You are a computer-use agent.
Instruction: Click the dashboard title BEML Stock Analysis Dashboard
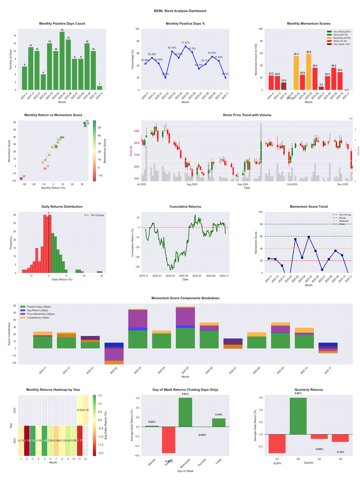coord(180,10)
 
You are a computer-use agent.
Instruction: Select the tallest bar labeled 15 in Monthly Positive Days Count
coord(62,61)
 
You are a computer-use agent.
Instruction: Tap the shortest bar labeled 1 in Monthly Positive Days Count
coord(99,88)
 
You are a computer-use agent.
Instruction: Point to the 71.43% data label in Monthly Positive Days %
coord(185,42)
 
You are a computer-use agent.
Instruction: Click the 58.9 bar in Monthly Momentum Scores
coord(309,72)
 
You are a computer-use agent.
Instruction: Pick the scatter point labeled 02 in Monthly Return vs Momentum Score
coord(21,179)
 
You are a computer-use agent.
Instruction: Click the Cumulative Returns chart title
coord(185,207)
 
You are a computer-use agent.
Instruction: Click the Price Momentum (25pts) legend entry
coord(44,313)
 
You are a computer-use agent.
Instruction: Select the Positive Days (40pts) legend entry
coord(43,306)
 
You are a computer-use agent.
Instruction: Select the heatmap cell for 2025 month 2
coord(27,440)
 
